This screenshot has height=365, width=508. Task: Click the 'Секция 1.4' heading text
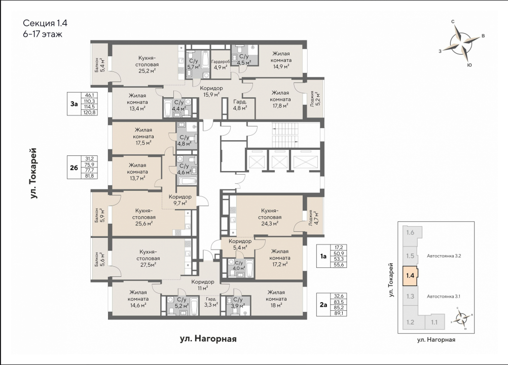tap(45, 23)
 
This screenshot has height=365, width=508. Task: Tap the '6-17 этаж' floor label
tap(43, 33)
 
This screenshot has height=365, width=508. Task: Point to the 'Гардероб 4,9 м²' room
tap(221, 64)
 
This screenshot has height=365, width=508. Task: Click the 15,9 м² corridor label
tap(211, 91)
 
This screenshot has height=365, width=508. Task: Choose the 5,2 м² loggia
tap(313, 98)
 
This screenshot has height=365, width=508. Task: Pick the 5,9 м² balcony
tap(99, 215)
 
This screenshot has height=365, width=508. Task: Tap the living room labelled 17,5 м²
tap(143, 136)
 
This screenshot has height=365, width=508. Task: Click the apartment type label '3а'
tap(74, 104)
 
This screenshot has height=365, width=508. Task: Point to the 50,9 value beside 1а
tap(338, 253)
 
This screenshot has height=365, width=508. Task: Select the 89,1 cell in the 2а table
tap(338, 313)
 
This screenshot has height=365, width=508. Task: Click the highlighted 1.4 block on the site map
tap(410, 276)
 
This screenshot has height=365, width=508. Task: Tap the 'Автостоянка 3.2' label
tap(444, 256)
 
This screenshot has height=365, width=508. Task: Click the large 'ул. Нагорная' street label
tap(208, 339)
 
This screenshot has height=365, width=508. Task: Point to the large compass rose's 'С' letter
tap(453, 22)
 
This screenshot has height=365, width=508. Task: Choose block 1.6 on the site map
tap(411, 232)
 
